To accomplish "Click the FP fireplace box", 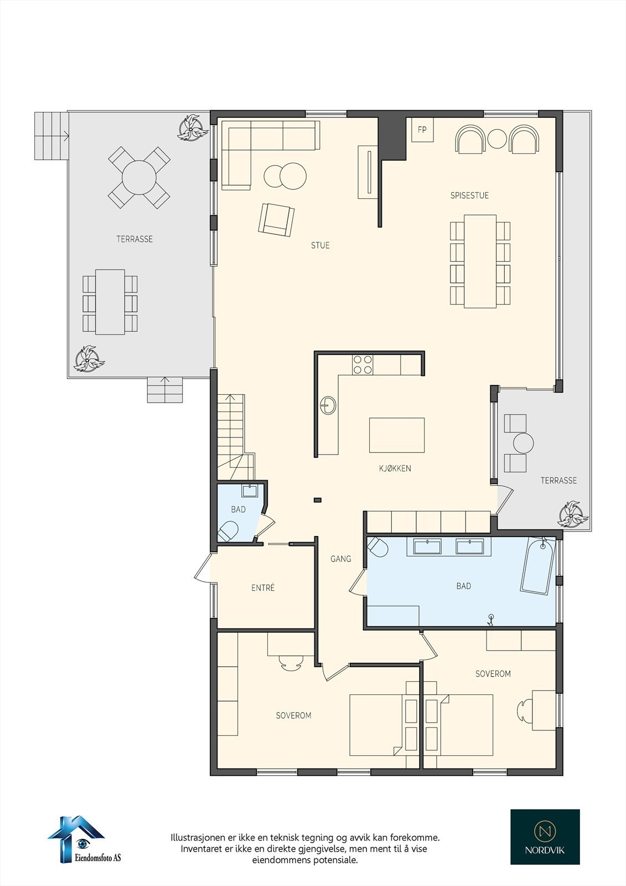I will (x=422, y=130).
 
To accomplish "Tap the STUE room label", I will (x=320, y=245).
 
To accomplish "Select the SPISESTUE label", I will (x=469, y=195).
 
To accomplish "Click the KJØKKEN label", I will (x=395, y=468).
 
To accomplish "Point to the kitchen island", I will (x=397, y=435).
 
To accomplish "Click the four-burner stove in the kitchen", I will (x=363, y=364).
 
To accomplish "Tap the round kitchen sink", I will (x=328, y=405).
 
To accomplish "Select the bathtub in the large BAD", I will (x=537, y=566).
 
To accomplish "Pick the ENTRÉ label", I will (x=263, y=588).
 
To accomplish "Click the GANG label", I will (x=341, y=559).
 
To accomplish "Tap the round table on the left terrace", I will (x=139, y=177).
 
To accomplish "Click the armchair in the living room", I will (x=276, y=219).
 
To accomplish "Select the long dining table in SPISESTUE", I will (x=480, y=261).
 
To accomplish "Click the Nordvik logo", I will (x=545, y=836).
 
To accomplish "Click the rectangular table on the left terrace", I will (x=110, y=302).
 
